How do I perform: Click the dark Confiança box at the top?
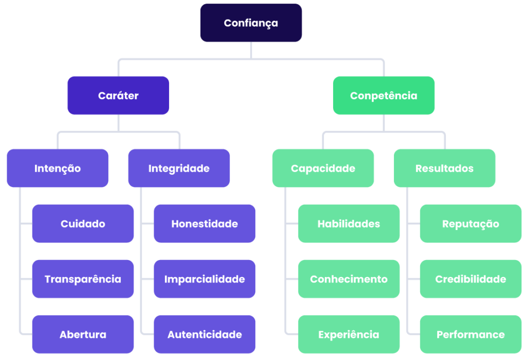251,23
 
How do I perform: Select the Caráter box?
118,95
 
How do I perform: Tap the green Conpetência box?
384,95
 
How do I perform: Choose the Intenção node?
57,168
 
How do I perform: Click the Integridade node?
179,168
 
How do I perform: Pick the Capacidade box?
323,168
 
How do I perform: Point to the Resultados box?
444,168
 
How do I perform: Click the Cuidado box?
82,224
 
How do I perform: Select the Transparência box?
82,279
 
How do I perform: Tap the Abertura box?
82,334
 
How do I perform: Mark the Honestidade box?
204,224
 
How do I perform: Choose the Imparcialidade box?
204,279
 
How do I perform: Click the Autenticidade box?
204,334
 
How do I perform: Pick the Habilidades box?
349,224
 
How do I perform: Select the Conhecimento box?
349,279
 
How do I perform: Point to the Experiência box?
349,334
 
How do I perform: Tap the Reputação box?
470,224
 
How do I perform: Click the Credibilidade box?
470,279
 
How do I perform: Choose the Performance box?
470,334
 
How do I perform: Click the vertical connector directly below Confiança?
251,50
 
